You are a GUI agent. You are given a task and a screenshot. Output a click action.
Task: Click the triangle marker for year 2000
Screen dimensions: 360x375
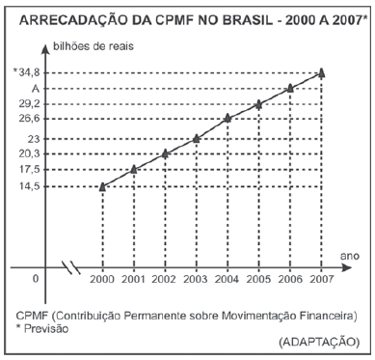coord(103,185)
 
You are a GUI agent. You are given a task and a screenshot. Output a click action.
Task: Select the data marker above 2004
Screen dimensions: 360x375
coord(228,119)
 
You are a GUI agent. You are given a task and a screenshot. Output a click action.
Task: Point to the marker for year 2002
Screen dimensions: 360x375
coord(166,153)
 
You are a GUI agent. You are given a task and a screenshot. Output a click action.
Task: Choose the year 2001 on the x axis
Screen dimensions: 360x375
coord(134,279)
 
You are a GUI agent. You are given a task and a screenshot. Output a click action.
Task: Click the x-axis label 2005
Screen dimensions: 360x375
coord(258,279)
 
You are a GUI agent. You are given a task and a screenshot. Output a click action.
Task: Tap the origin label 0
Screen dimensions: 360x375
coord(36,279)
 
